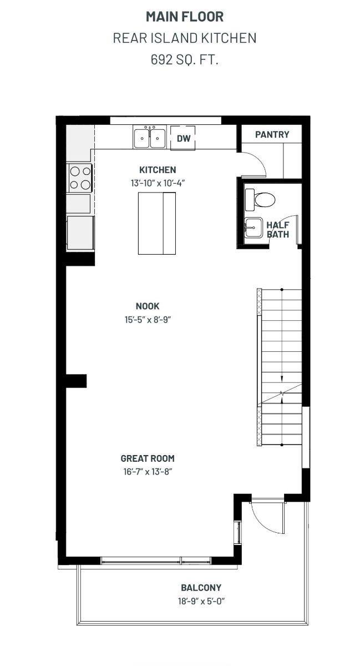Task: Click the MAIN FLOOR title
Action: click(185, 17)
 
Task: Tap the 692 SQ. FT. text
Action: click(185, 60)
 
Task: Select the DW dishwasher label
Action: click(184, 138)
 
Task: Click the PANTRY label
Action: click(272, 134)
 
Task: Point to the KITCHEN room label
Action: click(158, 170)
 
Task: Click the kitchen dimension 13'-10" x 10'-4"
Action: click(158, 183)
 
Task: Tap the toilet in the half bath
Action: click(260, 199)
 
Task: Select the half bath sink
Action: click(253, 227)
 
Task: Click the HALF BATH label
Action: click(278, 230)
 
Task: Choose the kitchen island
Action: click(156, 223)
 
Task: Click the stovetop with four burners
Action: click(80, 178)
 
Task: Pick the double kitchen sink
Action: click(150, 138)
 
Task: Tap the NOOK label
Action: click(148, 306)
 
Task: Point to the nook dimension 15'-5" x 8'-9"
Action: click(148, 320)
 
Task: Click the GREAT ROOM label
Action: click(148, 458)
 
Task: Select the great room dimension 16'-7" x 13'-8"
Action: click(148, 472)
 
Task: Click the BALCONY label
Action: click(201, 588)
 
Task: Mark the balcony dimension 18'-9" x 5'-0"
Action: click(201, 601)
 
